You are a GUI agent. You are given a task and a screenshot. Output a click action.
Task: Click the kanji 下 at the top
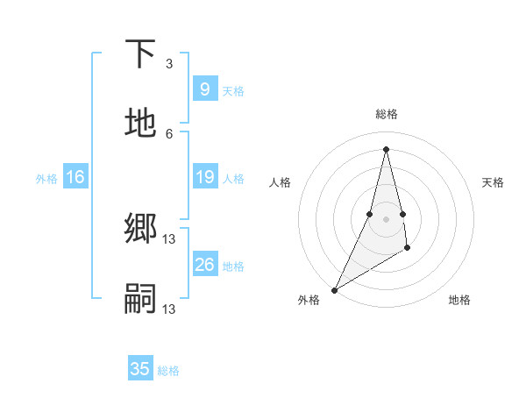click(x=140, y=54)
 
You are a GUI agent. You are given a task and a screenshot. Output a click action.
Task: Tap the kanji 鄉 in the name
click(x=140, y=229)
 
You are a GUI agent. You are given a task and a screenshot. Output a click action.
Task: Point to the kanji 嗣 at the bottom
click(x=140, y=299)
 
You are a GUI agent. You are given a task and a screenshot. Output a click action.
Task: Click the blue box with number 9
click(x=204, y=89)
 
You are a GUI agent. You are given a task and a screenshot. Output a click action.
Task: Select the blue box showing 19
click(x=204, y=177)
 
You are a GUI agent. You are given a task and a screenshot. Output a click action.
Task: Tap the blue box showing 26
click(x=204, y=264)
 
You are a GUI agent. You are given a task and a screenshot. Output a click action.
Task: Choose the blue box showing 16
click(x=75, y=177)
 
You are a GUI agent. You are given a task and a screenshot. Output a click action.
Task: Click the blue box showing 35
click(x=140, y=369)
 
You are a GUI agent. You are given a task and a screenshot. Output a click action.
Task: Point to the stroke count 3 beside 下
click(x=169, y=64)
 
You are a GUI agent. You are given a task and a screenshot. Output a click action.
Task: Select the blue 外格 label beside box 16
click(x=46, y=178)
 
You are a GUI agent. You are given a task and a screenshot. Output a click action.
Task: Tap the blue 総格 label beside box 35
click(x=168, y=371)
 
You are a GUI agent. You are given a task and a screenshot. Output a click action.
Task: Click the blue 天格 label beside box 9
click(x=233, y=90)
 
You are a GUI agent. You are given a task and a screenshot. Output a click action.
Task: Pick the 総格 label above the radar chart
click(x=387, y=114)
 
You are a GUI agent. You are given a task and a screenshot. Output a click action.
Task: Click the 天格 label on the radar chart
click(x=494, y=182)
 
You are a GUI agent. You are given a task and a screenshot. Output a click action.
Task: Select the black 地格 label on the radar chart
click(x=459, y=300)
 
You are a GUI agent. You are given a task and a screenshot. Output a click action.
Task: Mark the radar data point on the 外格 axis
click(x=334, y=289)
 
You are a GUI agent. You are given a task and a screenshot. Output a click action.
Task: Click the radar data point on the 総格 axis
click(x=387, y=149)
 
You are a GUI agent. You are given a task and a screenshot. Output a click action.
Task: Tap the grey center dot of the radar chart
click(x=387, y=218)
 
